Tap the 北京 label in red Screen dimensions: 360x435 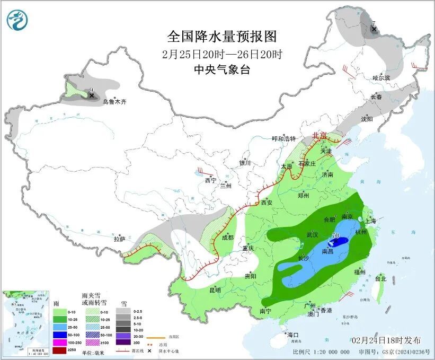[x=319, y=136]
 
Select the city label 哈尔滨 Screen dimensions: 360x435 [x=380, y=78]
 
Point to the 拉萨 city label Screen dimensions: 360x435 [x=120, y=239]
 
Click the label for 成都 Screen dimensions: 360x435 [x=228, y=238]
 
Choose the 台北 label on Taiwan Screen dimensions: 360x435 [x=380, y=278]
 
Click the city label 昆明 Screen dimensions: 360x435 [x=215, y=289]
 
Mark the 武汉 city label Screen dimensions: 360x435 [x=312, y=234]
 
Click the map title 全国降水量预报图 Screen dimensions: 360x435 [x=223, y=37]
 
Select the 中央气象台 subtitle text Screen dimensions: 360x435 [x=223, y=69]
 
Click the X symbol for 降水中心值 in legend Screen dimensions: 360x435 [x=150, y=350]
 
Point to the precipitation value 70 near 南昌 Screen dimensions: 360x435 [x=335, y=235]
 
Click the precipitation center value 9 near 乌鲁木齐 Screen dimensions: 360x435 [x=91, y=90]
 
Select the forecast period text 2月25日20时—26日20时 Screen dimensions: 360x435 [x=223, y=54]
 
